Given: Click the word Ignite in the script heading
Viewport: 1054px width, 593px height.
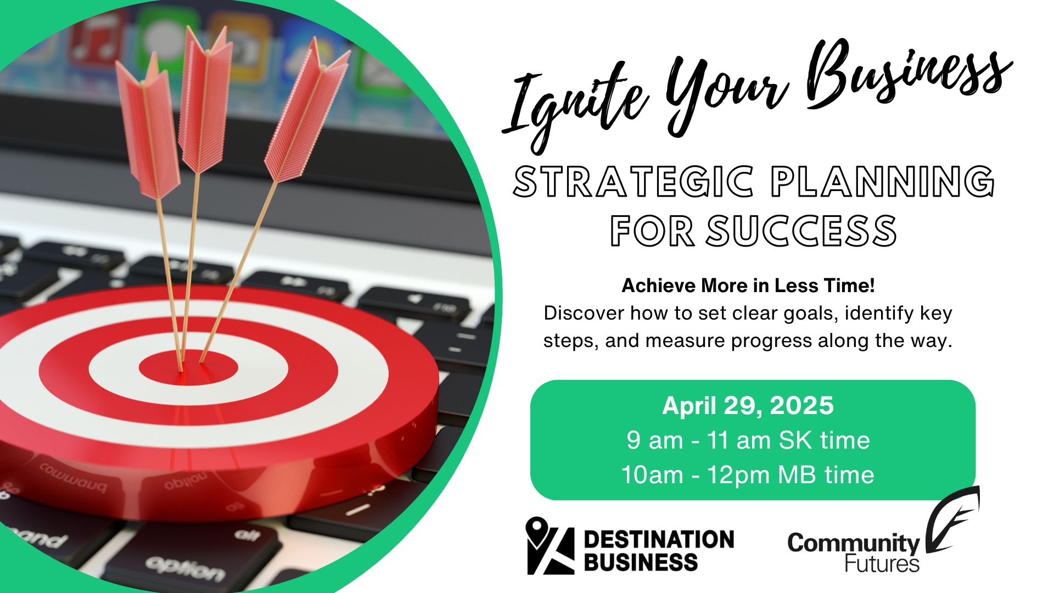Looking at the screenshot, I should [x=574, y=104].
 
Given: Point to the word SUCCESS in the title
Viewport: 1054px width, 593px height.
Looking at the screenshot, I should [x=801, y=231].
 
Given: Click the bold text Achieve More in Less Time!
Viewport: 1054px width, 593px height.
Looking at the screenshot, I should [x=748, y=286].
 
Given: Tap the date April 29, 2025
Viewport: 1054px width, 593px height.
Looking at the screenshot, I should [x=748, y=406].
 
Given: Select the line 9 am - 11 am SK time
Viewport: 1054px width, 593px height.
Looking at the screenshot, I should [x=748, y=440].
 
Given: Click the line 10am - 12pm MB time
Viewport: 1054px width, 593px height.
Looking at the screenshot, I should [x=748, y=475].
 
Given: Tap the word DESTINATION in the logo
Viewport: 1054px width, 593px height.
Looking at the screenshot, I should [x=659, y=539].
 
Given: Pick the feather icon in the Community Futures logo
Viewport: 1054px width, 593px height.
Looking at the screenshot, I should [x=952, y=519].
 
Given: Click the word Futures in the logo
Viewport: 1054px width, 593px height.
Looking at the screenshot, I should [x=882, y=564].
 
